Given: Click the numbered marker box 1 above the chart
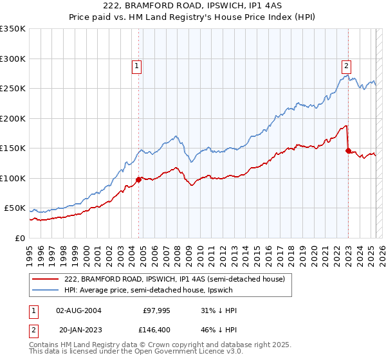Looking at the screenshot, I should click(x=137, y=64).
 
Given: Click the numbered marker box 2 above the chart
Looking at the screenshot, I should click(x=346, y=64).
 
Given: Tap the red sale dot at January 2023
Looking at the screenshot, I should click(x=349, y=150).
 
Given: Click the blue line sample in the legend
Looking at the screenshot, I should click(x=46, y=290).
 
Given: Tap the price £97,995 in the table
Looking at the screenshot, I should click(x=156, y=310).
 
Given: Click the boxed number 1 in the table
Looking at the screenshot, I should click(x=33, y=310).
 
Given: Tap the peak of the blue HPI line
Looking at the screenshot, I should click(x=346, y=75).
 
